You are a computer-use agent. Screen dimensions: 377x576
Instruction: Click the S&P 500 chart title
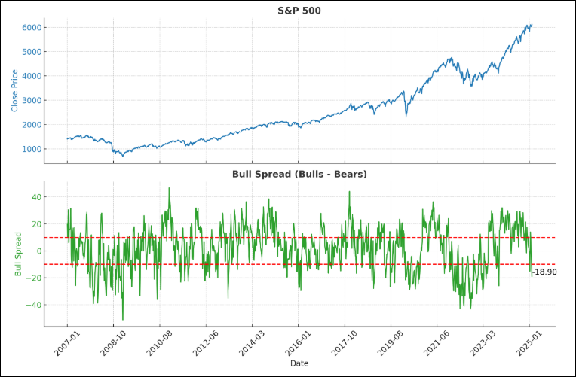tap(299, 10)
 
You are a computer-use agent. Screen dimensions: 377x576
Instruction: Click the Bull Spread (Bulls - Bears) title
tap(299, 174)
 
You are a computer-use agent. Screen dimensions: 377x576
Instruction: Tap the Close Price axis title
tap(14, 91)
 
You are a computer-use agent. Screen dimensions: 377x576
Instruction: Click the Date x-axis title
tap(299, 363)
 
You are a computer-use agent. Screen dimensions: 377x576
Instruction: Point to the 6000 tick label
tap(32, 28)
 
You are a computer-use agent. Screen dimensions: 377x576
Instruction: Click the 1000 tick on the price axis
tap(32, 149)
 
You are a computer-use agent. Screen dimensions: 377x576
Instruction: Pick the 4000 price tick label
tap(32, 76)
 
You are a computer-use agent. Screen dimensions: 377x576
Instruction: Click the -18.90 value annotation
tap(544, 272)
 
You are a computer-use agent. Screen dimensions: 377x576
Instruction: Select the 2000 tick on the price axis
tap(32, 125)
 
